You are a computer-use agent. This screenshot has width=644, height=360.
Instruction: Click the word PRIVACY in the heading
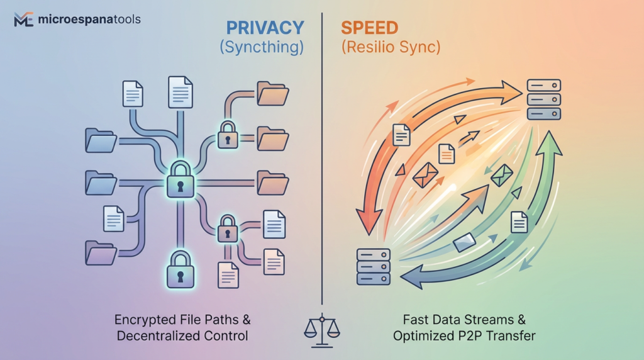[265, 28]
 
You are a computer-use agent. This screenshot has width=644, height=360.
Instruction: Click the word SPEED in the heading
[370, 28]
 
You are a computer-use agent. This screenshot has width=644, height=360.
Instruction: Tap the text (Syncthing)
[262, 48]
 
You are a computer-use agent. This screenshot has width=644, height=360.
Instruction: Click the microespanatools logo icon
[24, 20]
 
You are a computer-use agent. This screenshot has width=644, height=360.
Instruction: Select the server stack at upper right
[543, 99]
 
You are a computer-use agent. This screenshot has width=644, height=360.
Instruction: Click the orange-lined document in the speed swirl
[447, 154]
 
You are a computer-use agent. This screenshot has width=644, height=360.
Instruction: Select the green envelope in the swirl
[502, 175]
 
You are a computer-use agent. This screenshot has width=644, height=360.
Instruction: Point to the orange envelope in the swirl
[425, 175]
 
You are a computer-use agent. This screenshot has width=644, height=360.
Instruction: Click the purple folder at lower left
[101, 253]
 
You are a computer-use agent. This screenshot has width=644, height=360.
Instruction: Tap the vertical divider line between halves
[322, 189]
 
